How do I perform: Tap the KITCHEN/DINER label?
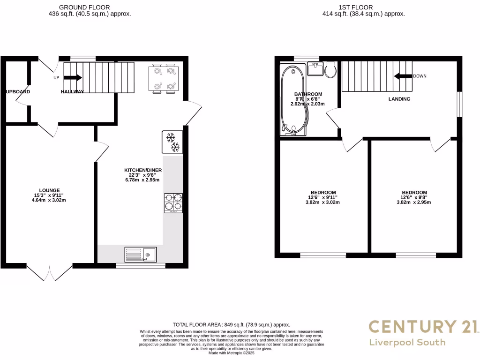(x=143, y=170)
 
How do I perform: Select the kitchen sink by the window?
(x=141, y=255)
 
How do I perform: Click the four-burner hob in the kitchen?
(x=173, y=203)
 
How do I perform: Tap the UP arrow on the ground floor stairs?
(x=73, y=78)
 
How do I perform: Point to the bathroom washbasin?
(x=316, y=69)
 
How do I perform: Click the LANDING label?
(x=399, y=99)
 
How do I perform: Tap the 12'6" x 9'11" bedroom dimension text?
(x=322, y=197)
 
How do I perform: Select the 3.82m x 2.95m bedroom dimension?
(x=414, y=202)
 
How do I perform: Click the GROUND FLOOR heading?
(x=85, y=7)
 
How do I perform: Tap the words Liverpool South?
(x=407, y=342)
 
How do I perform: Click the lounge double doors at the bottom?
(x=49, y=272)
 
